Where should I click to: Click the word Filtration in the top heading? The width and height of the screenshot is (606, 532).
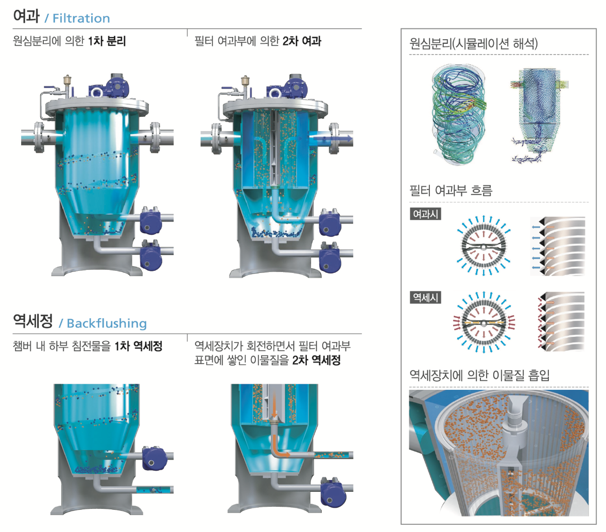tap(81, 19)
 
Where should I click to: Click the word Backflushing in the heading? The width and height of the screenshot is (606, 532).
tap(107, 323)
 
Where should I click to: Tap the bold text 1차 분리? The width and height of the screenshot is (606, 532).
tap(107, 41)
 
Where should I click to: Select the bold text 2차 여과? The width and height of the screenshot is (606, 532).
tap(302, 41)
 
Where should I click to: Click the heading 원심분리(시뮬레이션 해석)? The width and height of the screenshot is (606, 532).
tap(473, 43)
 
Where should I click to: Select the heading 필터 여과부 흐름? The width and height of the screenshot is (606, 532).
tap(451, 191)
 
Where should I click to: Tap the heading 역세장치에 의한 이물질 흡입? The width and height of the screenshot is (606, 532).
tap(479, 375)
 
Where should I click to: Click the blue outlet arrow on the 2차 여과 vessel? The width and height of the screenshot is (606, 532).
tap(340, 138)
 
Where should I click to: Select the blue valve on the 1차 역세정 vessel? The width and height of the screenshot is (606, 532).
tap(153, 458)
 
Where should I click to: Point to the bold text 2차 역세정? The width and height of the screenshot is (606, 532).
tap(316, 360)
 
